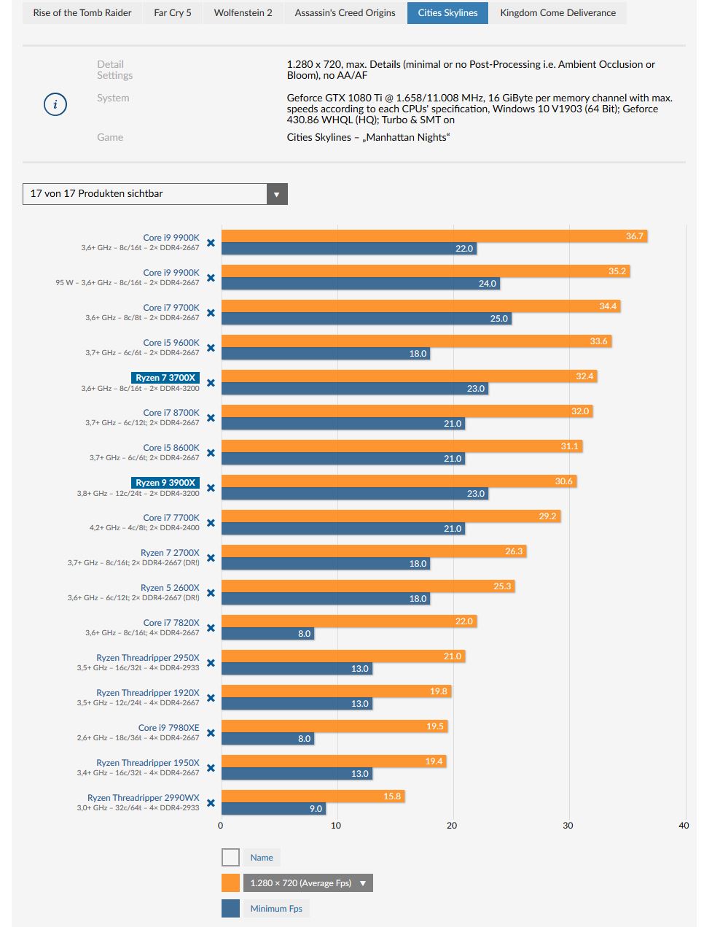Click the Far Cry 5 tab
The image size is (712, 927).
[x=173, y=13]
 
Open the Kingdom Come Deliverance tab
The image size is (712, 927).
[x=558, y=13]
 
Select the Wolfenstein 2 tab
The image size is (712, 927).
[x=243, y=13]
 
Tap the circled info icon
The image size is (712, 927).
[x=55, y=104]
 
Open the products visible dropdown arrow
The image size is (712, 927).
[x=277, y=194]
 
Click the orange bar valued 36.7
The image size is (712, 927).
[x=434, y=236]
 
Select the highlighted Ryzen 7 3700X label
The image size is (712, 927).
[x=165, y=378]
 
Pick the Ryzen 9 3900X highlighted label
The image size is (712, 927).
[x=165, y=483]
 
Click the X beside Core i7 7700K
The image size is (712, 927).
[x=211, y=523]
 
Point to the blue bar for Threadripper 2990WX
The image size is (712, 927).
[x=273, y=808]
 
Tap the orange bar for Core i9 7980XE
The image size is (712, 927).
[x=335, y=726]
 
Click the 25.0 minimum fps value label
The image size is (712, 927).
[x=498, y=319]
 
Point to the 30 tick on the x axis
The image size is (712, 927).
[x=568, y=826]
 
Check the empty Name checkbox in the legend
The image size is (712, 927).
[x=230, y=858]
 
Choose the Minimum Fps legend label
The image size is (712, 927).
[x=276, y=909]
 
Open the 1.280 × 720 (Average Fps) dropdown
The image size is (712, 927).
[x=308, y=883]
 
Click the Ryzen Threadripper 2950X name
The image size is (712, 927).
[x=148, y=658]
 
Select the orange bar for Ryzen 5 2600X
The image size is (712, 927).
[x=368, y=586]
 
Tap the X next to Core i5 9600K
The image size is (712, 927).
[x=211, y=348]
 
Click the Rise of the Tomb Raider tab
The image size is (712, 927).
[x=82, y=13]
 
